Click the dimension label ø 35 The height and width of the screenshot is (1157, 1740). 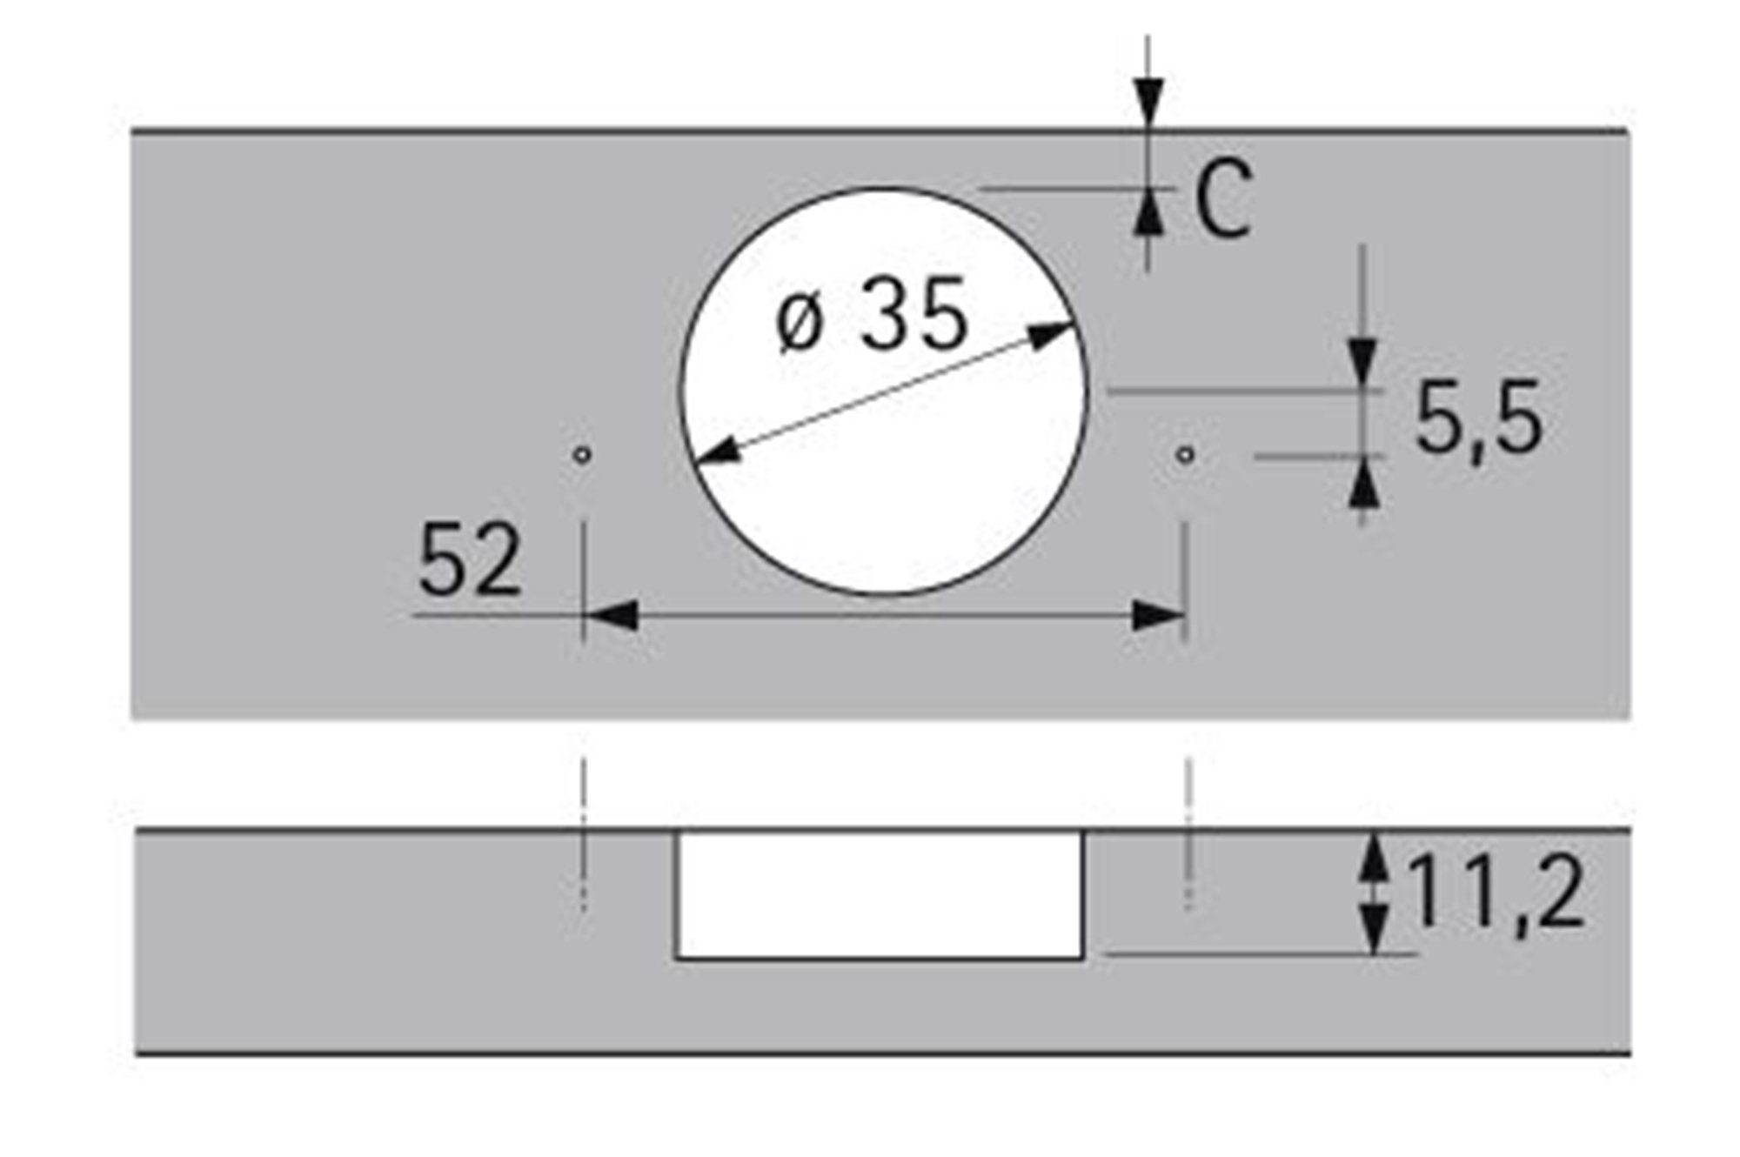tap(872, 315)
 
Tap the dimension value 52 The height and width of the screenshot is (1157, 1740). tap(470, 559)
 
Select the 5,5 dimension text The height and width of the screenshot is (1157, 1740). tap(1478, 419)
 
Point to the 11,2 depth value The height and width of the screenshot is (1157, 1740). tap(1494, 891)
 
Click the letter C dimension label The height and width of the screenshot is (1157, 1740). tap(1223, 199)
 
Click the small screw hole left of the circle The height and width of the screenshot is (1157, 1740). tap(582, 454)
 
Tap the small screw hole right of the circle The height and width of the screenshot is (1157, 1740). tap(1184, 454)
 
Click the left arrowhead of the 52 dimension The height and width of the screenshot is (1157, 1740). tap(609, 616)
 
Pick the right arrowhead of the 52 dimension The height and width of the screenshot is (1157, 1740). tap(1158, 616)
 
